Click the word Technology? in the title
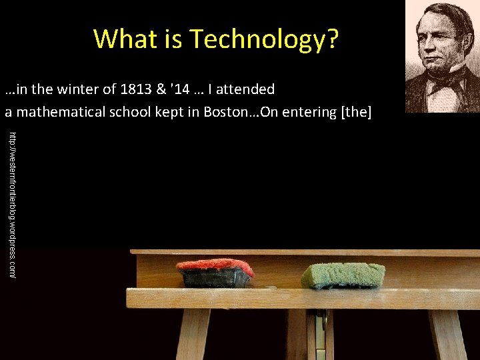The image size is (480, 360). (265, 39)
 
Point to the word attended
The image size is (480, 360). (241, 89)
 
